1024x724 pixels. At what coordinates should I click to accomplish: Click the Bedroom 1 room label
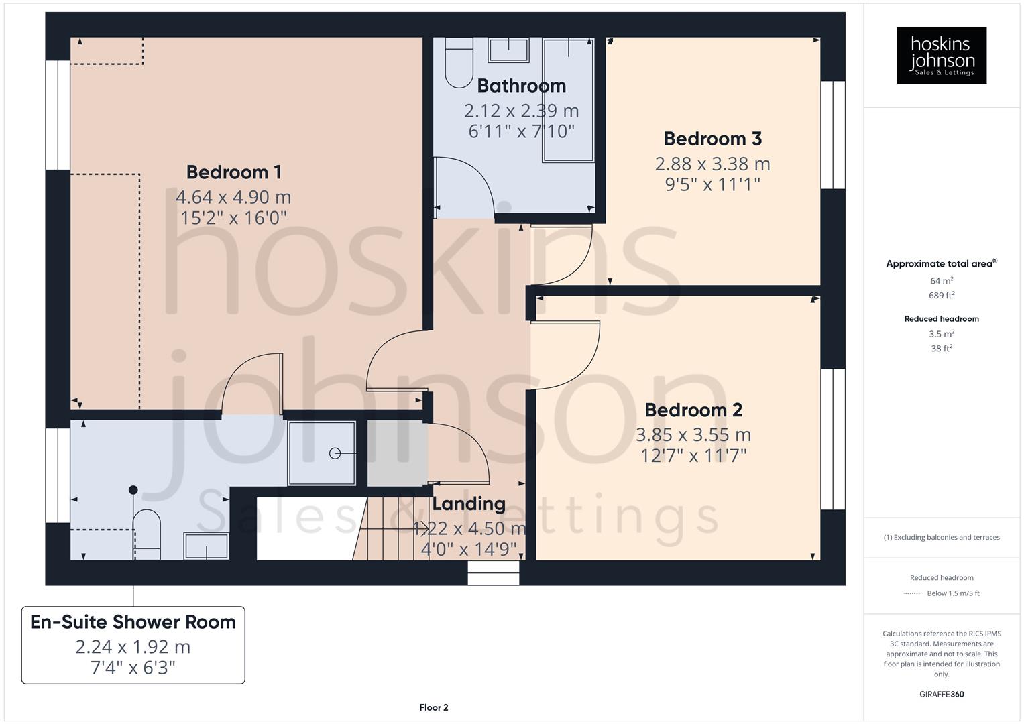pos(233,172)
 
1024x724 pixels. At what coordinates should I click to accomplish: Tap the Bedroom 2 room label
pos(693,410)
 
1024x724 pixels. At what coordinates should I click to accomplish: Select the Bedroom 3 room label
pos(712,139)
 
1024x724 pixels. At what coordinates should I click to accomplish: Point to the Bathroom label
pos(521,86)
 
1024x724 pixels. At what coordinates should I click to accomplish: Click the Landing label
pos(469,503)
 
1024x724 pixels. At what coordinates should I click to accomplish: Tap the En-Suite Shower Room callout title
pos(133,622)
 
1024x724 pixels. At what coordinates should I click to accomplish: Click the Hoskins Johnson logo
pos(942,55)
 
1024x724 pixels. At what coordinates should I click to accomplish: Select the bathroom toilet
pos(459,64)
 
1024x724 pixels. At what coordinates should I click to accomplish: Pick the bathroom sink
pos(508,50)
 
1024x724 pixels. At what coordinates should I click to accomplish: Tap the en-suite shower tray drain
pos(335,454)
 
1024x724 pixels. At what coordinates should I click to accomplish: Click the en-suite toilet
pos(147,533)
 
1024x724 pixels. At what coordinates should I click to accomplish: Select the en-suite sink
pos(207,546)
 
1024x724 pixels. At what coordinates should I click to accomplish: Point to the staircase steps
pos(389,530)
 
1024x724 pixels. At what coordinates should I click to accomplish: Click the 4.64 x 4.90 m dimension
pos(233,197)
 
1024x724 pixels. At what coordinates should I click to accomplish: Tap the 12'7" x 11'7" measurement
pos(693,456)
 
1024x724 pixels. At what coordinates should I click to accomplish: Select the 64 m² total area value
pos(942,281)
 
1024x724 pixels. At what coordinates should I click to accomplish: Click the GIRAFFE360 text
pos(942,695)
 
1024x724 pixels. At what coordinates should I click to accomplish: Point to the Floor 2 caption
pos(434,707)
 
